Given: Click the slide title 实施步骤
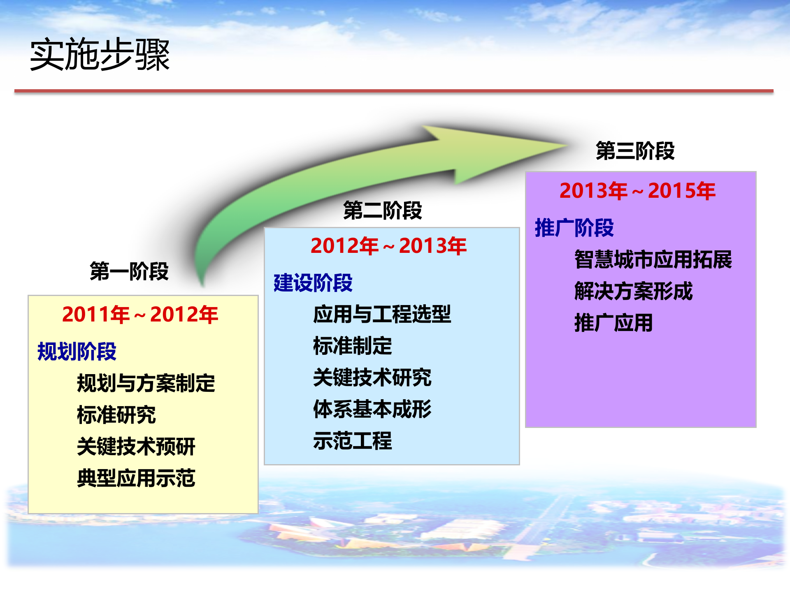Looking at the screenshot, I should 100,55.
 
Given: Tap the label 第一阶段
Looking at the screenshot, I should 129,271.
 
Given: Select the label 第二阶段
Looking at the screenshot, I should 383,210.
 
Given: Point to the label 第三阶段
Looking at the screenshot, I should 635,150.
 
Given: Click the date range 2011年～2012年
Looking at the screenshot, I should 140,315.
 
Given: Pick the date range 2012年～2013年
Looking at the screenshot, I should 388,246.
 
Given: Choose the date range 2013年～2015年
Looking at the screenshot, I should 637,191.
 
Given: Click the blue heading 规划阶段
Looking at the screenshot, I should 77,352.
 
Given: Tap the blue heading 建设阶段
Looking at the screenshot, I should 313,283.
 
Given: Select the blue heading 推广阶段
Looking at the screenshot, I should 574,228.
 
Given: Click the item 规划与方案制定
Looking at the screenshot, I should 146,384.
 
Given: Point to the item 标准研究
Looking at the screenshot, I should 116,415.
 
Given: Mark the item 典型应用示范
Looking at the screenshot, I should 136,478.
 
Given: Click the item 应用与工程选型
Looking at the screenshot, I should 382,314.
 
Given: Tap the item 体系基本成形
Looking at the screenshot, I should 372,409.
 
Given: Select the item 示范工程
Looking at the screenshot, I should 353,441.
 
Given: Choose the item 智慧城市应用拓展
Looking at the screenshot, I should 653,260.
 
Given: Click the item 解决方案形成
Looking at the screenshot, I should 634,291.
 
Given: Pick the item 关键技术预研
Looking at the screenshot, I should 136,446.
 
